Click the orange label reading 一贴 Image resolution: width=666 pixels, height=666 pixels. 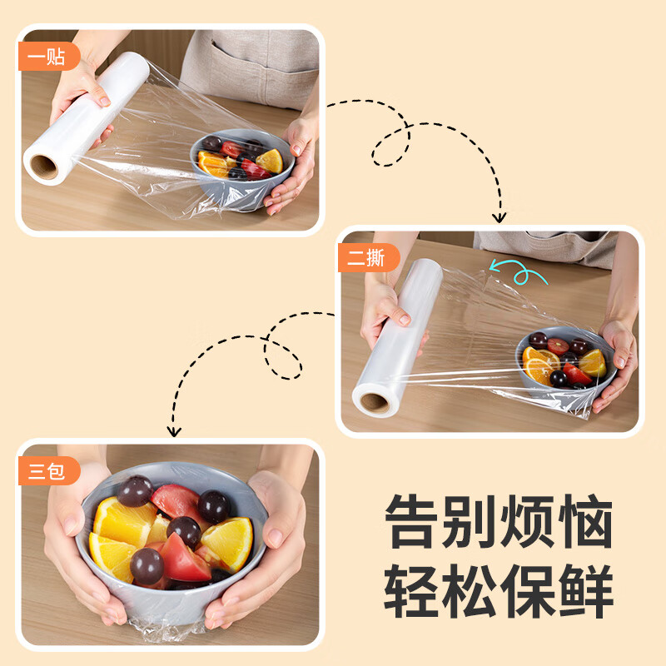click(x=47, y=57)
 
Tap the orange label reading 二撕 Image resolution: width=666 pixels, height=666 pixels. click(x=367, y=258)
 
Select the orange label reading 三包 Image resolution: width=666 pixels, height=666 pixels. click(x=47, y=471)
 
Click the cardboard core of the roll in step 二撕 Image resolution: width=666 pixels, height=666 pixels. click(x=374, y=403)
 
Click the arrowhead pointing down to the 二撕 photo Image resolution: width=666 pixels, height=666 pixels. click(x=499, y=217)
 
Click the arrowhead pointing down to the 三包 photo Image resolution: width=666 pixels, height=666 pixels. click(x=173, y=430)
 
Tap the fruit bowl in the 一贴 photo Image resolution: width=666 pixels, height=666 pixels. click(x=241, y=166)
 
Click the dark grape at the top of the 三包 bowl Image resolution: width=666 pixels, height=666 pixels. click(x=134, y=491)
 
